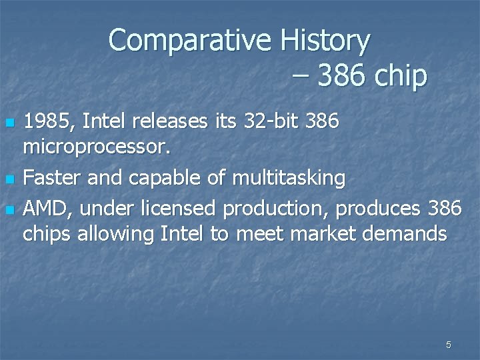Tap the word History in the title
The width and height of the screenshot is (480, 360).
(325, 41)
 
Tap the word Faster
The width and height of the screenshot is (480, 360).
(53, 178)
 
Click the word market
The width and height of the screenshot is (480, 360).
(331, 234)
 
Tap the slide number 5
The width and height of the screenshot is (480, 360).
(448, 345)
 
